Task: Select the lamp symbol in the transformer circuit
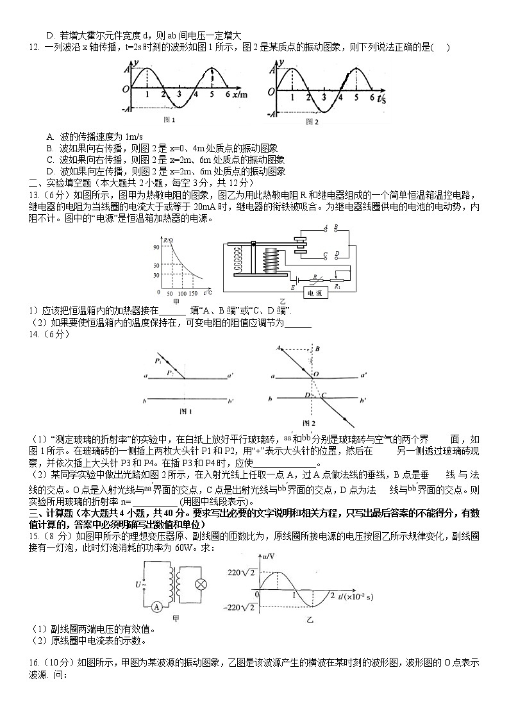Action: (x=201, y=584)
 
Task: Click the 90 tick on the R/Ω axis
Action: (x=156, y=247)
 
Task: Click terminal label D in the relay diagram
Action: (x=337, y=254)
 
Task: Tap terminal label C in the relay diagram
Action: (x=326, y=254)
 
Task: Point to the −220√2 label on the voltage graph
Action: (x=240, y=607)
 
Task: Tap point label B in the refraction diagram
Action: (x=317, y=349)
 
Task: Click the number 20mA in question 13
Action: (x=204, y=206)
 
